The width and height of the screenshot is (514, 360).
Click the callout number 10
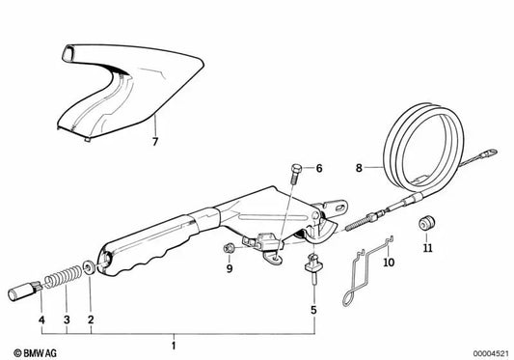coord(389,262)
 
